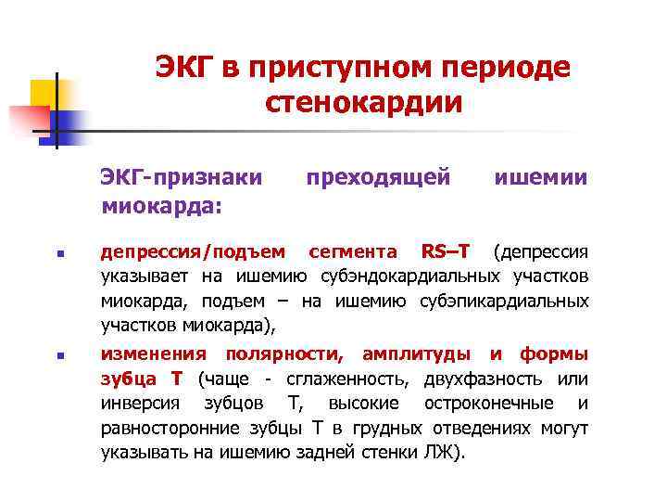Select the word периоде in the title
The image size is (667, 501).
pyautogui.click(x=506, y=67)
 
